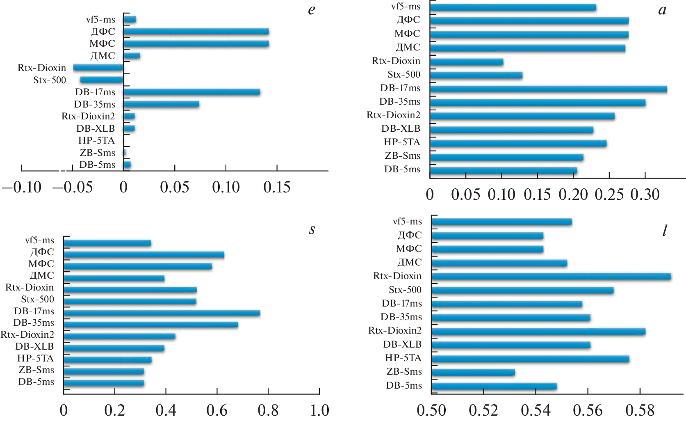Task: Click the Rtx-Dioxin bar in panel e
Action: [x=98, y=68]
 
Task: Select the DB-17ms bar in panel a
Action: [x=548, y=89]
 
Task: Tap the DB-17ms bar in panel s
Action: [x=162, y=313]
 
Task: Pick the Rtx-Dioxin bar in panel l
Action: [x=551, y=277]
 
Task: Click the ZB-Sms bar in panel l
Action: [x=473, y=373]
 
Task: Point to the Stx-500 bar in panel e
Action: [x=102, y=80]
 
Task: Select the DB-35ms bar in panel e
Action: [x=161, y=104]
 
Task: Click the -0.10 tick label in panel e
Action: [x=22, y=188]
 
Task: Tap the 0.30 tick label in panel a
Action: [x=645, y=194]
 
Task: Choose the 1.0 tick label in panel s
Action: [x=319, y=410]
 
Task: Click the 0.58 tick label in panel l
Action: [x=640, y=410]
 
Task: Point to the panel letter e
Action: [x=312, y=9]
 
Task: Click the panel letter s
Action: [x=312, y=229]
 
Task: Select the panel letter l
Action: [x=664, y=231]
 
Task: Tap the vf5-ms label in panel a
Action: [x=406, y=6]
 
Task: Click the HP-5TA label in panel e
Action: [x=96, y=141]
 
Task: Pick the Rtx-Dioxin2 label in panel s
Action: [x=27, y=334]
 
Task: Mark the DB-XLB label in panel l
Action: [x=402, y=344]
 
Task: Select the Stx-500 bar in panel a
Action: [x=476, y=76]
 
